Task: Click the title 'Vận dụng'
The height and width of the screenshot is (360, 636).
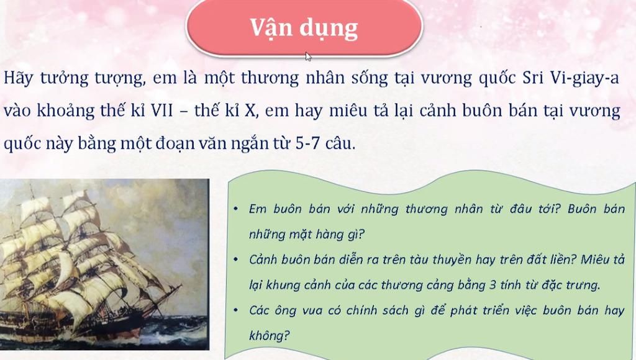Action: [304, 29]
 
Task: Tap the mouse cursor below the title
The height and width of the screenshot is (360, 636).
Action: [309, 56]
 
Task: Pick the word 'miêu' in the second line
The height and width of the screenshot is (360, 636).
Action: [345, 110]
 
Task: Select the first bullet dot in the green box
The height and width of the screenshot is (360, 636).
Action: [235, 209]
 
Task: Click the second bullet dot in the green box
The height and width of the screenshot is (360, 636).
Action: [235, 260]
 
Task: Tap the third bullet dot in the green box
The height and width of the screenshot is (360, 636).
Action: [235, 310]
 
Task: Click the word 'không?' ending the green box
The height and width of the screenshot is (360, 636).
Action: [270, 335]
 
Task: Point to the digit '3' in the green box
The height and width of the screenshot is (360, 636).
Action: [493, 285]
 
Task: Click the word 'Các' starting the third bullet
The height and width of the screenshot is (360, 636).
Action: [259, 310]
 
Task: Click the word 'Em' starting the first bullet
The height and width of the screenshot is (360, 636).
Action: [258, 209]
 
